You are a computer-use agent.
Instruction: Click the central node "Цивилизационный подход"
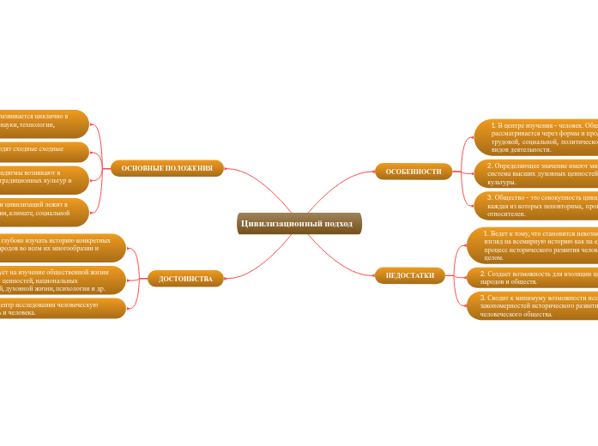tap(299, 223)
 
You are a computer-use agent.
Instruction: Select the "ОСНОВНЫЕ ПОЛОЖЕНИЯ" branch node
tap(166, 168)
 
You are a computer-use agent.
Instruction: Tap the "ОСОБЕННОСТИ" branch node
tap(414, 172)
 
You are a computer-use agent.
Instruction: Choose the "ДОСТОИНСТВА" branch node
tap(185, 279)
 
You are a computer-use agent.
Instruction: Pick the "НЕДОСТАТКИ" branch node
tap(409, 275)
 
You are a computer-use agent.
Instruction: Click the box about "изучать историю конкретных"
tap(60, 248)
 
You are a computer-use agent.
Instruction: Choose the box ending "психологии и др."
tap(60, 280)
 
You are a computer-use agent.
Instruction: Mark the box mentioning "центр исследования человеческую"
tap(60, 308)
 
